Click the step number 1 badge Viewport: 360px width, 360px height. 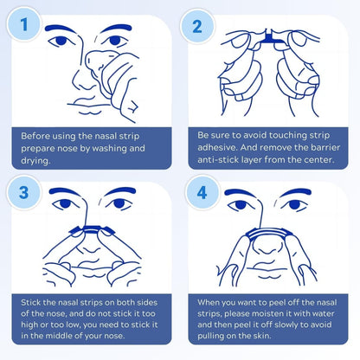tap(24, 24)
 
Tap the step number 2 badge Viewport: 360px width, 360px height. tap(197, 26)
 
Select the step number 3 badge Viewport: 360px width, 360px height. tap(24, 193)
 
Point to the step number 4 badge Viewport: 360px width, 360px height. tap(202, 193)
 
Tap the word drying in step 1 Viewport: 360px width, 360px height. tap(35, 161)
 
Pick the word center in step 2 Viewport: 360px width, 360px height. tap(320, 159)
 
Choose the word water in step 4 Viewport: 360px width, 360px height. tap(323, 313)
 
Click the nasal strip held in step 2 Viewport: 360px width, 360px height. tap(270, 38)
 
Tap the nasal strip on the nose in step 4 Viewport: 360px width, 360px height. tap(266, 232)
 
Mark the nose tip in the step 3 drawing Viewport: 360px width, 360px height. tap(89, 248)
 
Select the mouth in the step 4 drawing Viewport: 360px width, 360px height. tap(267, 271)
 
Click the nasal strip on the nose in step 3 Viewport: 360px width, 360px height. tap(91, 229)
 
